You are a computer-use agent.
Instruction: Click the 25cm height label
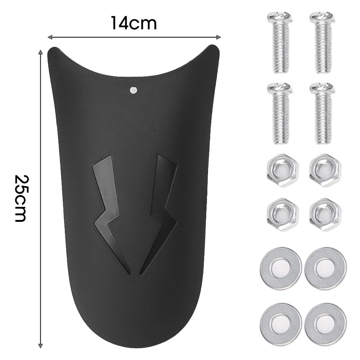tap(21, 198)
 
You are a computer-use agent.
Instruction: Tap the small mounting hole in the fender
tap(134, 90)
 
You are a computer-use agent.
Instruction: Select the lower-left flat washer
tap(280, 321)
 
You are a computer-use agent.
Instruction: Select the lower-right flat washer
tap(325, 321)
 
